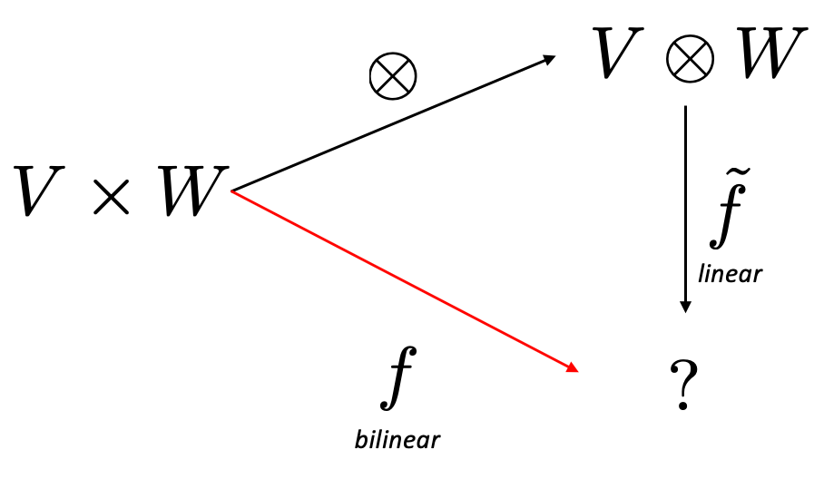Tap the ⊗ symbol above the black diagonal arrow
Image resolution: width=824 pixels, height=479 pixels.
[393, 75]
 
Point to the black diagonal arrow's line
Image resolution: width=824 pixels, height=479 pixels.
[390, 125]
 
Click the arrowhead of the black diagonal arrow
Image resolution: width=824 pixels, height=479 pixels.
[548, 60]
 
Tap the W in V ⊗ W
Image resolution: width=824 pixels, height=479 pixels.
[770, 54]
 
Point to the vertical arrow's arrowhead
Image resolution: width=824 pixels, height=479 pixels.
[685, 307]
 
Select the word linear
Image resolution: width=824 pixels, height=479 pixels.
[730, 272]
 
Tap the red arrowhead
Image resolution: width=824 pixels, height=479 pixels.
[573, 368]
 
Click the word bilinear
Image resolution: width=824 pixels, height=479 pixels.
[397, 441]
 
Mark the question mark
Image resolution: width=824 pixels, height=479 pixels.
[682, 386]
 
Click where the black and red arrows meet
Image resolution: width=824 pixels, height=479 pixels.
[233, 191]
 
